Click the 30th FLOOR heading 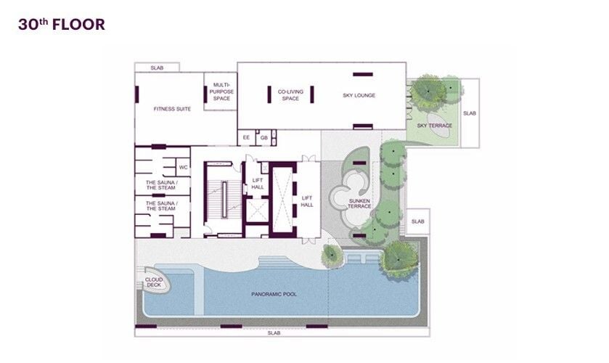point(62,25)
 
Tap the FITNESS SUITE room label point(172,109)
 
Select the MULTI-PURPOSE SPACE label point(221,91)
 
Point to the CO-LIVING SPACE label point(290,95)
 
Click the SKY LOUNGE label point(359,95)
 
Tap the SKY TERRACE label point(435,126)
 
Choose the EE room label point(246,138)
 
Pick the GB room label point(264,138)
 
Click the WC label point(184,168)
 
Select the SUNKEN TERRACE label point(359,204)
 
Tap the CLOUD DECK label point(154,282)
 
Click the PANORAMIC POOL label point(274,294)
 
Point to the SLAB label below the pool point(274,333)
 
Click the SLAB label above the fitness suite point(157,68)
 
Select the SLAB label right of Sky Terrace point(470,113)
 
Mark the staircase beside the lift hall point(224,200)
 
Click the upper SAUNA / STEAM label point(162,185)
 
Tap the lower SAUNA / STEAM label point(162,206)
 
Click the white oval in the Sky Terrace point(439,125)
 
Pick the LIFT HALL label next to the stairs point(258,184)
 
